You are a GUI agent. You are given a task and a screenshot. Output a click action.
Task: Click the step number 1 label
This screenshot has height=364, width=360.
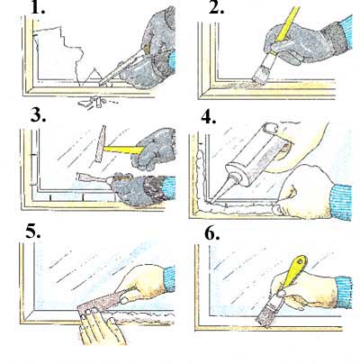coord(38,7)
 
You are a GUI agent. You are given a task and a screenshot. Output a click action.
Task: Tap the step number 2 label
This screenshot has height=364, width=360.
coord(216,7)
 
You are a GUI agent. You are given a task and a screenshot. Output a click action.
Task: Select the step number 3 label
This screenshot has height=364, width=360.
coord(38,115)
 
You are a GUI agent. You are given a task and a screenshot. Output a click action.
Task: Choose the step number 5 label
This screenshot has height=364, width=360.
coord(33,231)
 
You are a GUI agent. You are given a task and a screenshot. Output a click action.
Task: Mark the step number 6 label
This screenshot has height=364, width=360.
coord(212,232)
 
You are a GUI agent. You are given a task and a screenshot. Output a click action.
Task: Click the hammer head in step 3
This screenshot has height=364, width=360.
coord(101,143)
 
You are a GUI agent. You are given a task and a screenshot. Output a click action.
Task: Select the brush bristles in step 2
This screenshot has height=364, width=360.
coord(260,76)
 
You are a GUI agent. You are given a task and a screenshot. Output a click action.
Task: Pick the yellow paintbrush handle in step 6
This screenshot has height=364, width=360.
coord(294,271)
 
